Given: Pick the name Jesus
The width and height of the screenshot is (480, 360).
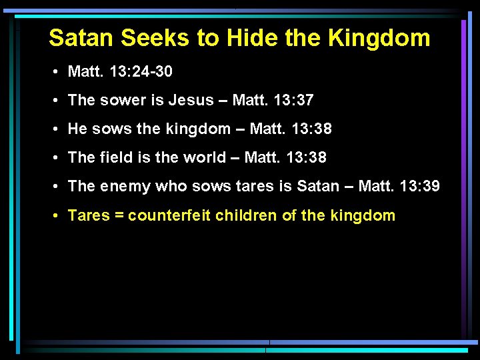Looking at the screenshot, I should coord(191,100).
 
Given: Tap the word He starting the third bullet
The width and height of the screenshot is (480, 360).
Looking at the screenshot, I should coord(77,129).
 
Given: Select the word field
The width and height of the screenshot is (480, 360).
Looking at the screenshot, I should coord(115,157).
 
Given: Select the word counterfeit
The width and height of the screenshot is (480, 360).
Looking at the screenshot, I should coord(169,215).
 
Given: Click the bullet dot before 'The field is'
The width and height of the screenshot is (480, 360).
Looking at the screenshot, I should coord(59,158).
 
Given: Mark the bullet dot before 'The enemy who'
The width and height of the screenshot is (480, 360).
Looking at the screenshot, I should coord(59,187).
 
